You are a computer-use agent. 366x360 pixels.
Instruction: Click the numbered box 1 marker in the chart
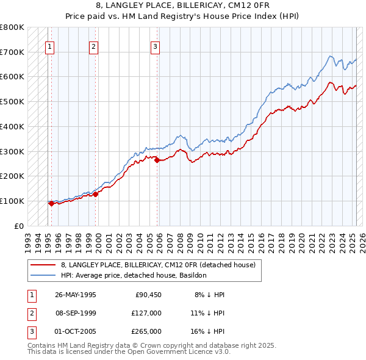pos(49,46)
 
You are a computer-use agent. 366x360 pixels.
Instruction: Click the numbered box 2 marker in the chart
pos(93,46)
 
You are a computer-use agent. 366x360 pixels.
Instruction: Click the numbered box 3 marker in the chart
pos(156,46)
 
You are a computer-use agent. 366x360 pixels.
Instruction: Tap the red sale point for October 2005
pos(157,160)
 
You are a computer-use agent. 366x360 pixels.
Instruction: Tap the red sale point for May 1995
pos(51,204)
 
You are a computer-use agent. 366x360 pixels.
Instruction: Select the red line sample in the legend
pos(43,265)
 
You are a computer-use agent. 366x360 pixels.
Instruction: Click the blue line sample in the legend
pos(43,275)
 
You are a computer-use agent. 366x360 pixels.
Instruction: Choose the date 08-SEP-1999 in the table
pos(76,313)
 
